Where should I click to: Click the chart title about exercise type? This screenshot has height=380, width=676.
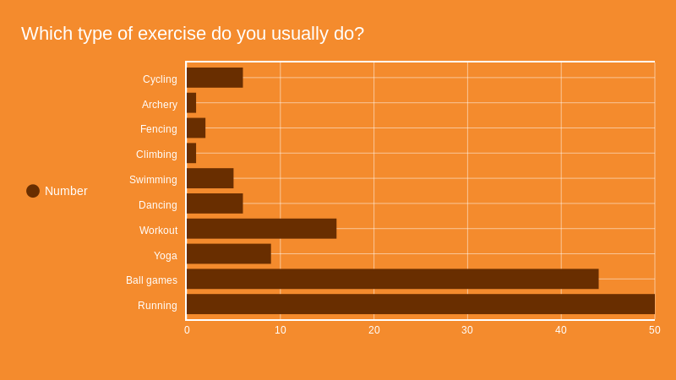(193, 34)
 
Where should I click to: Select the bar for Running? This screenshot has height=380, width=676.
(420, 304)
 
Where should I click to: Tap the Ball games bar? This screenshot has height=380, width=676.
(392, 279)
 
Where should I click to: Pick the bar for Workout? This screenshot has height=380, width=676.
(261, 229)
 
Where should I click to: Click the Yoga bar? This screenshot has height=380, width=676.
(228, 254)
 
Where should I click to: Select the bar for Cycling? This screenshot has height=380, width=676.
(215, 78)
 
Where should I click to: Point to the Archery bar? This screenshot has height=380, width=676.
(191, 103)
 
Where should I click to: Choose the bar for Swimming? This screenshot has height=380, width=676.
(210, 178)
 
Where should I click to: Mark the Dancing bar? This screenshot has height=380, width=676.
(215, 204)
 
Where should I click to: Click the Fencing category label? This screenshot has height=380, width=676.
(159, 129)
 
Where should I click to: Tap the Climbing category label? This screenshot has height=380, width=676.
(156, 155)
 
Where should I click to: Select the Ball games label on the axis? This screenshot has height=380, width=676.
(151, 280)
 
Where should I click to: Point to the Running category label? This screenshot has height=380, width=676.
(157, 306)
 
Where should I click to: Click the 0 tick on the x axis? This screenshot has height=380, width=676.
(187, 330)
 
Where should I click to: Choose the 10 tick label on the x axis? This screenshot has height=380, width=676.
(281, 330)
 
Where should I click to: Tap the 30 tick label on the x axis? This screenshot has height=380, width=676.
(467, 330)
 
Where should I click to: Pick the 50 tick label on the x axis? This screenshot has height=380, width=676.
(654, 330)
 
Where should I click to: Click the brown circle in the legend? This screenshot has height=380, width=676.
(33, 191)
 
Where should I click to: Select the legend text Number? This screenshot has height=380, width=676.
(66, 191)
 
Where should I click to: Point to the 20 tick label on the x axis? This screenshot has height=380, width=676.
(373, 330)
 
